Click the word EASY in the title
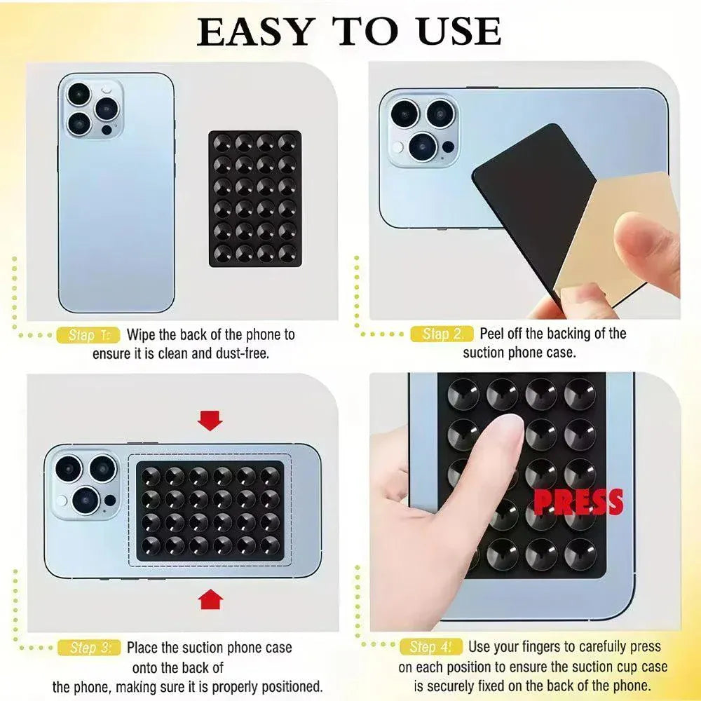pos(256,32)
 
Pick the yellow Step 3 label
pos(88,648)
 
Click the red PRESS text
pos(578,502)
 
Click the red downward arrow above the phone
pos(210,420)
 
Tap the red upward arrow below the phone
pos(210,599)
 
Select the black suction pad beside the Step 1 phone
pos(254,198)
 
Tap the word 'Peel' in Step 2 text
pos(493,334)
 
